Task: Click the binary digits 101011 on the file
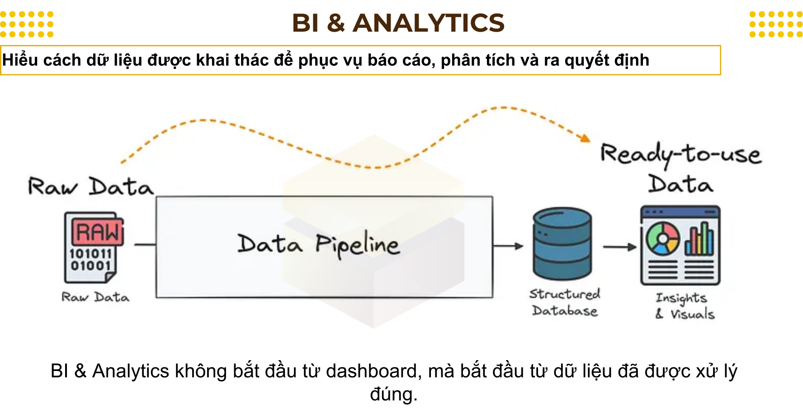pyautogui.click(x=90, y=253)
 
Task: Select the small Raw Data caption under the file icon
pyautogui.click(x=95, y=297)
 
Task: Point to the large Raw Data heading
pyautogui.click(x=90, y=186)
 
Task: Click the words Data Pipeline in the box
pyautogui.click(x=319, y=245)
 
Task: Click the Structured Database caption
pyautogui.click(x=565, y=302)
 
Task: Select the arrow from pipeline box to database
pyautogui.click(x=508, y=246)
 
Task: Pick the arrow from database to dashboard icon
pyautogui.click(x=619, y=247)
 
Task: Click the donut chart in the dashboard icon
pyautogui.click(x=662, y=238)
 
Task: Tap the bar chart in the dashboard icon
pyautogui.click(x=699, y=239)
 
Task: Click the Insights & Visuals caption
pyautogui.click(x=685, y=306)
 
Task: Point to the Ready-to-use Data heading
pyautogui.click(x=681, y=167)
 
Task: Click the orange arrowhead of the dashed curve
pyautogui.click(x=586, y=138)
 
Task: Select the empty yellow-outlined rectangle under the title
pyautogui.click(x=360, y=60)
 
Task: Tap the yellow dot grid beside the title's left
pyautogui.click(x=27, y=24)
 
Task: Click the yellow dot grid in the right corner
pyautogui.click(x=775, y=24)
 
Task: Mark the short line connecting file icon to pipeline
pyautogui.click(x=145, y=245)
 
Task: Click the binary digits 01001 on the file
pyautogui.click(x=90, y=266)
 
